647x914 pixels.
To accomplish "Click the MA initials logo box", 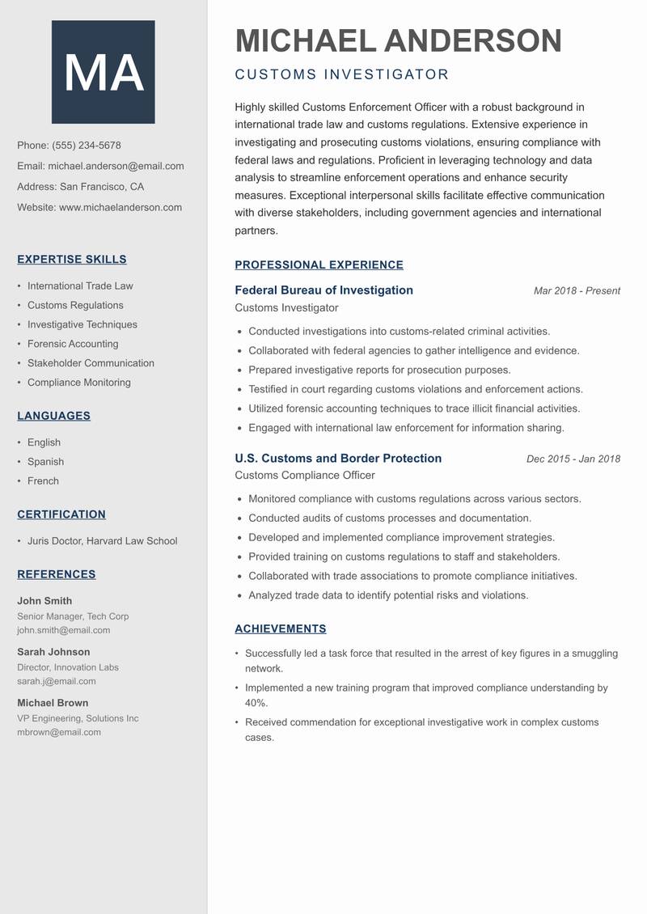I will point(104,72).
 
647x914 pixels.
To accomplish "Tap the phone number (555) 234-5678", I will point(87,146).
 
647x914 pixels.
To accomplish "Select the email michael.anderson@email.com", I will point(116,166).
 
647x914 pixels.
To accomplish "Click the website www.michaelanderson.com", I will point(121,207).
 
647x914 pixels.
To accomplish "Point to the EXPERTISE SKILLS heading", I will point(72,260).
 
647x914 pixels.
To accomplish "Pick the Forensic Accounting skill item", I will point(73,344).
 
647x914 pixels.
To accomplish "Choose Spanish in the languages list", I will point(45,462).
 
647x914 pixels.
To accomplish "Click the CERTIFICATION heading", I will point(61,514).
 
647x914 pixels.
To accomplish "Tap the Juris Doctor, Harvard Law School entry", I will point(102,541).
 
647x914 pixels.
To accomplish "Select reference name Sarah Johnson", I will point(53,652).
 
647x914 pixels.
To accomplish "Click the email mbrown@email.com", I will point(59,732).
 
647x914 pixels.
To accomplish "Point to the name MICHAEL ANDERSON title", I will point(398,40).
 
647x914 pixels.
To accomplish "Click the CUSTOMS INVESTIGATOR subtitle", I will point(341,74).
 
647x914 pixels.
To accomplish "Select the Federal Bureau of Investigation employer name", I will point(323,290).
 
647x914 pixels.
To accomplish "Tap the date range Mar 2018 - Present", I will point(577,291).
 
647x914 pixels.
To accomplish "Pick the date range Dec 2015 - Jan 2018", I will point(573,459).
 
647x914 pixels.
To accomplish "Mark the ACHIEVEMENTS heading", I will point(281,628).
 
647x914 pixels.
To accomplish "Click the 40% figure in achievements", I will point(256,703).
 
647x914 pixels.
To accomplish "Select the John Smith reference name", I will point(44,601).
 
